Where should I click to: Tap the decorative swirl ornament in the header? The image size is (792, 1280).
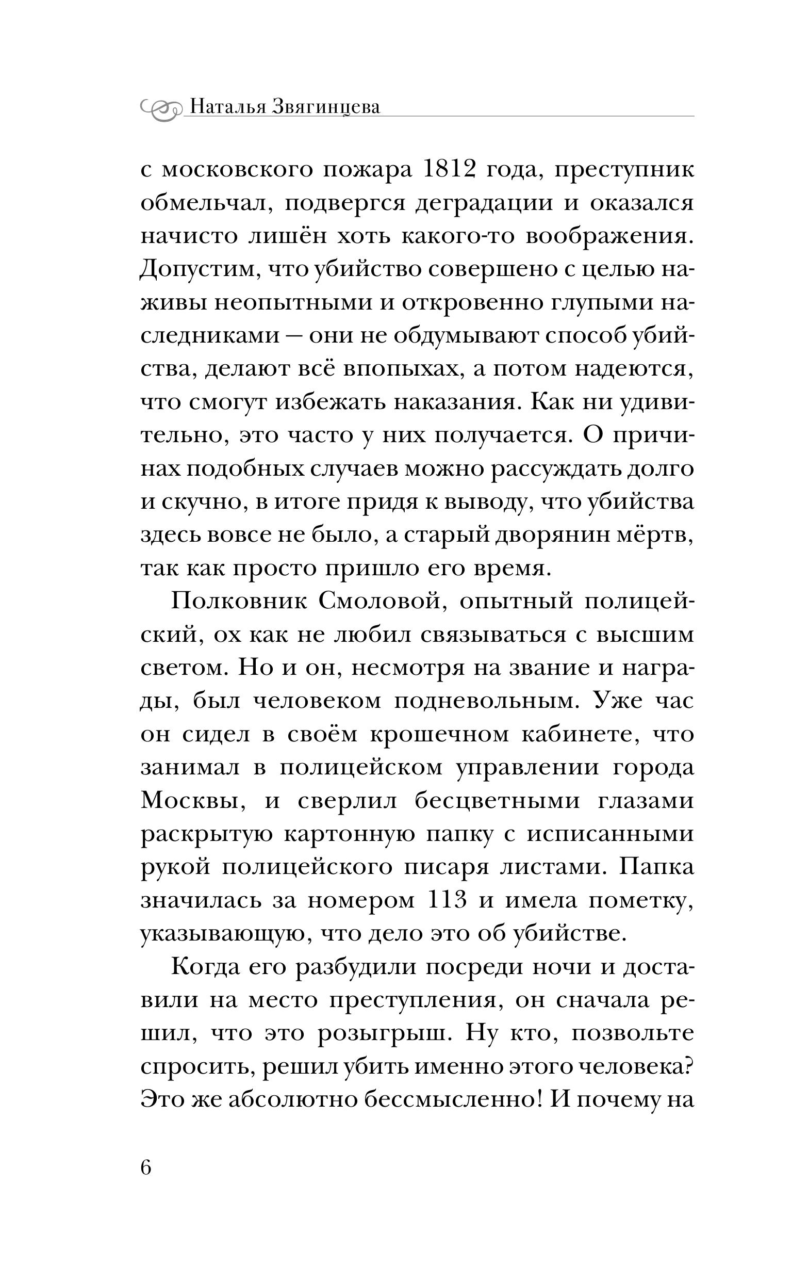[160, 108]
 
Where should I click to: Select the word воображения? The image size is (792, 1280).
[608, 237]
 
